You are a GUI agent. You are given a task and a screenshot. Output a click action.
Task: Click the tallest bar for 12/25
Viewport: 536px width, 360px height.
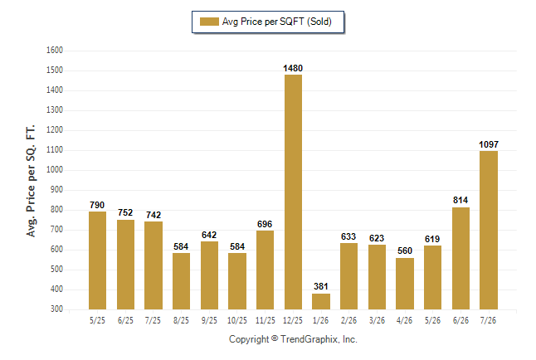293,192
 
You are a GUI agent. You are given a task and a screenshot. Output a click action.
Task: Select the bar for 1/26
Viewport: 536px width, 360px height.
321,302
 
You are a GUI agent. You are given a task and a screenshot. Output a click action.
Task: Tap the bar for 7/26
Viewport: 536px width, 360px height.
489,230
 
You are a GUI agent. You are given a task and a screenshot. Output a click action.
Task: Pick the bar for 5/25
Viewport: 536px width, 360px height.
97,260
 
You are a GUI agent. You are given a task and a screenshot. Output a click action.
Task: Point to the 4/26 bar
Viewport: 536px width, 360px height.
405,284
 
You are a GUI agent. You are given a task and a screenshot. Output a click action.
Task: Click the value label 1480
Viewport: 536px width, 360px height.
293,68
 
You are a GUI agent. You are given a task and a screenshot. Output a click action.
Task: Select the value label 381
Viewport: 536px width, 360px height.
321,286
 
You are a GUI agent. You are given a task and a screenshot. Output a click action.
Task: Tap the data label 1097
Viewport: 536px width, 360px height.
489,144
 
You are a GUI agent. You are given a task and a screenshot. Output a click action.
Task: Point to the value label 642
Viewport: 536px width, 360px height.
209,236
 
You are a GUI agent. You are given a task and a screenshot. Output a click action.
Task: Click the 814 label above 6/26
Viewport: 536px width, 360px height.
460,201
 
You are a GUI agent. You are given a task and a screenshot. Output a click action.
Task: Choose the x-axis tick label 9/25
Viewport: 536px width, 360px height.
209,321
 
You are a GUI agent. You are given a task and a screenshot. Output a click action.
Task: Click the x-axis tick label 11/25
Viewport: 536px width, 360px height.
266,321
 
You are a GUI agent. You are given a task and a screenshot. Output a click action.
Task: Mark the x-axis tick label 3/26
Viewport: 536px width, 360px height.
377,321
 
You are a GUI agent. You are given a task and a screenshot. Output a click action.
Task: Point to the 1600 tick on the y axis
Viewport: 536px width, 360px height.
55,51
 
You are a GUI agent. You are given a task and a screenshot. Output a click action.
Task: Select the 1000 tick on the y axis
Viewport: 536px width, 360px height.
55,170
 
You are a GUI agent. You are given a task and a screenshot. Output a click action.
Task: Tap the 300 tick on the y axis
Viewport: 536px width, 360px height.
56,309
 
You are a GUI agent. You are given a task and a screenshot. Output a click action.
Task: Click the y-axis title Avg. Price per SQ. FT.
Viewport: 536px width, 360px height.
31,181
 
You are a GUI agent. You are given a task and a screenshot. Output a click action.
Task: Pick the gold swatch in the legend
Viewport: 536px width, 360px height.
209,22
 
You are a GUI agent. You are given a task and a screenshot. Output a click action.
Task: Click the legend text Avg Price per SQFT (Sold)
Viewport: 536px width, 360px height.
277,22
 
